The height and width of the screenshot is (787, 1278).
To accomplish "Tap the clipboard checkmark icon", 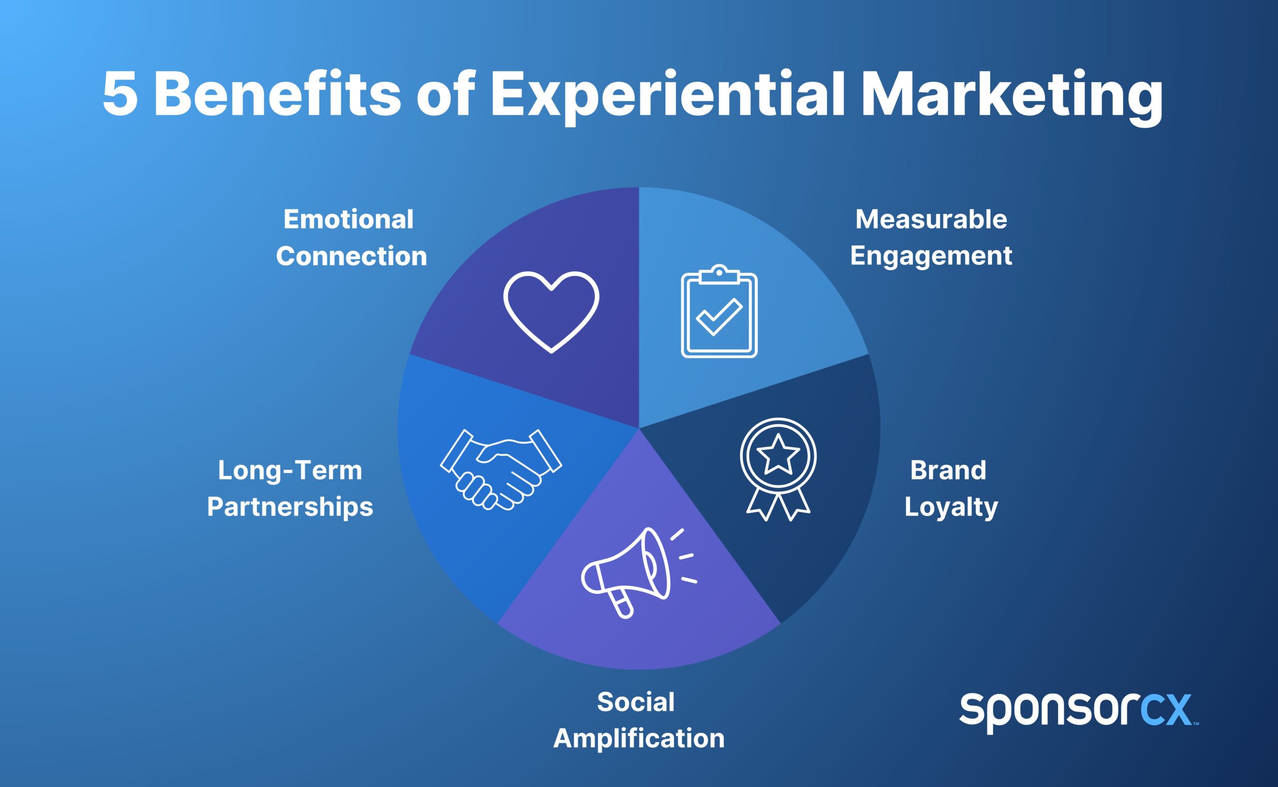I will (x=719, y=312).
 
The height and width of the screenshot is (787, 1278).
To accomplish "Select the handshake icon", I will (x=501, y=469).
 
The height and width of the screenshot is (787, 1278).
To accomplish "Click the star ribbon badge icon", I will (x=778, y=469).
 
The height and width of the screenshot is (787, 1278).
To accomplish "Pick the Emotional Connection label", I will (x=350, y=238).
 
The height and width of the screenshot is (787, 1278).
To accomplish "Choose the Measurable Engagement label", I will (x=931, y=238).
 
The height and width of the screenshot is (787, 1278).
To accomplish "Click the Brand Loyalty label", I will (x=951, y=489).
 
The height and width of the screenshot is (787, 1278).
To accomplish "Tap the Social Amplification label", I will (x=638, y=720).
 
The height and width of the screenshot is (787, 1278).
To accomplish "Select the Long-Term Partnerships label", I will (x=290, y=489).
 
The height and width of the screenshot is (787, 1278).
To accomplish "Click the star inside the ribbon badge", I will (x=778, y=454).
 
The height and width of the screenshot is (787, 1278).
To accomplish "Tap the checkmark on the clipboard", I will (x=719, y=317).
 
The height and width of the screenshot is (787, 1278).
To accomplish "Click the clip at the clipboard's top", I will (x=719, y=275).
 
